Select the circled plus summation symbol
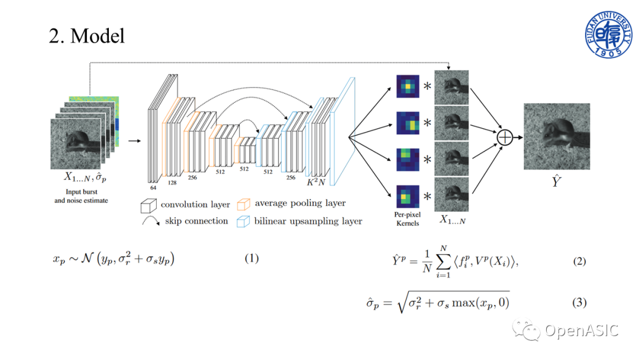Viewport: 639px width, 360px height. (x=505, y=137)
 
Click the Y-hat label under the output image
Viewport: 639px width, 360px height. (x=556, y=182)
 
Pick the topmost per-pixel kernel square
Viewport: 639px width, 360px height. (x=407, y=87)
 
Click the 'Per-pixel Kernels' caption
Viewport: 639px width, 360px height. (x=407, y=219)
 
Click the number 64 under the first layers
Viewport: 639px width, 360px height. (x=153, y=187)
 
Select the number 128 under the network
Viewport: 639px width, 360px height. (x=172, y=183)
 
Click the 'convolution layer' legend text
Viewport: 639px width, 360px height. (x=195, y=204)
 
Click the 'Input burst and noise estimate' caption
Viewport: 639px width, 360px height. (x=81, y=196)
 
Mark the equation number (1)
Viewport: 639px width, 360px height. (x=252, y=258)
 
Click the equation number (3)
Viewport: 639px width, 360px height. (x=579, y=303)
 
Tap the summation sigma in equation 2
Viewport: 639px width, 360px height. (x=441, y=261)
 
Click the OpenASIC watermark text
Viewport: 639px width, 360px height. (x=582, y=330)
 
